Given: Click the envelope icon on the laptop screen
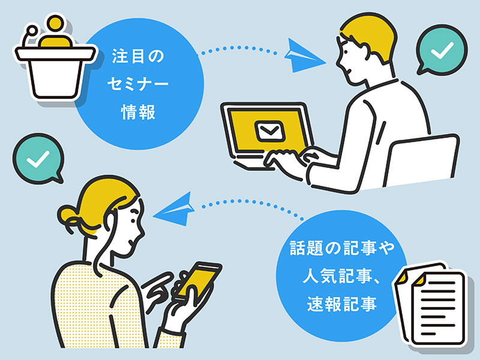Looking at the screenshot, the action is tap(269, 131).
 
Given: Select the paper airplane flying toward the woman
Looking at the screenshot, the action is tap(174, 209).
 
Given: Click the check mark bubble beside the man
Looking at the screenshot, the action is tap(441, 50).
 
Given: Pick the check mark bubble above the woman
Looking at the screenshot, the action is tap(38, 158).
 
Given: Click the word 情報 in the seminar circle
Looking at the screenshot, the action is tap(139, 112).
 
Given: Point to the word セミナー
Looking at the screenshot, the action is tap(138, 83).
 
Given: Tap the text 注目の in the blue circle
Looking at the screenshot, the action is tap(138, 56).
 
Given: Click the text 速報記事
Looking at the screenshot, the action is tap(341, 304).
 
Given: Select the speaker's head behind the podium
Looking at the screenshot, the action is tap(56, 23).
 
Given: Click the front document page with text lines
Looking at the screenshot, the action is tap(439, 308).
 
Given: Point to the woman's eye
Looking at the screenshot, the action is tap(133, 219).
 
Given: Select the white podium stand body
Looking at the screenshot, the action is tap(55, 79).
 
